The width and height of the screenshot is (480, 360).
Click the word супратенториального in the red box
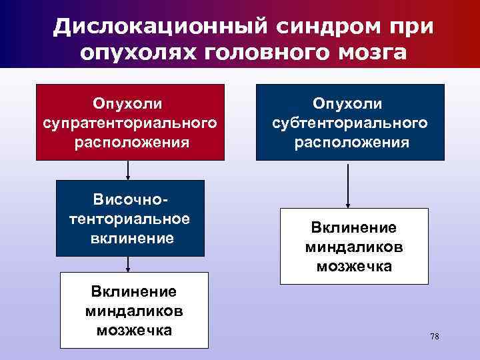click(130, 123)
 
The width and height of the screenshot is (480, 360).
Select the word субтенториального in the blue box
click(350, 123)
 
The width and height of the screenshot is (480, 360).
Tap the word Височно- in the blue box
click(129, 200)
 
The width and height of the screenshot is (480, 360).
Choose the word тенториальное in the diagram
click(129, 219)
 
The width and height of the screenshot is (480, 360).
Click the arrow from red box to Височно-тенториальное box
click(128, 171)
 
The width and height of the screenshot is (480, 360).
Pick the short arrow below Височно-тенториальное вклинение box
click(128, 264)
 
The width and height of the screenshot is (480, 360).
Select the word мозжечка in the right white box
click(353, 266)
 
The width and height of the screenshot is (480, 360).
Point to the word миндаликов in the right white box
click(353, 247)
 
